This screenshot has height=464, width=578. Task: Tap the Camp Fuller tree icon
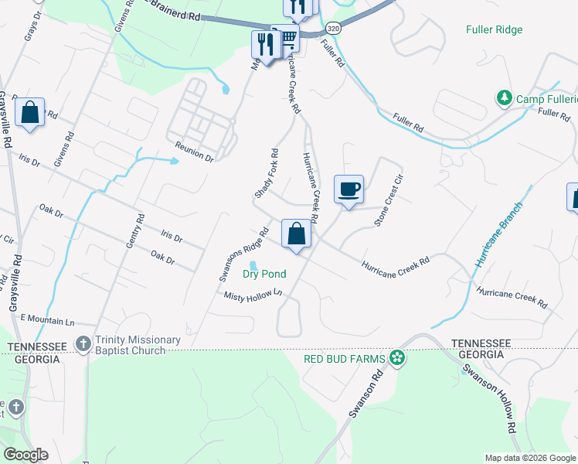(x=504, y=98)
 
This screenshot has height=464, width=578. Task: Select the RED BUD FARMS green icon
(x=397, y=357)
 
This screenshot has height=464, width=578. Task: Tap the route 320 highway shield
(x=334, y=26)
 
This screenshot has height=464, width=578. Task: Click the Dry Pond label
(x=264, y=274)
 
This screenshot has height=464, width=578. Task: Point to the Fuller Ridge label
(x=495, y=30)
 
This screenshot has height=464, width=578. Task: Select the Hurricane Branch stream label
(x=499, y=234)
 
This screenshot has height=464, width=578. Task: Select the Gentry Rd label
(x=135, y=231)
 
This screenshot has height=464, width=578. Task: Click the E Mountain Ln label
(x=47, y=319)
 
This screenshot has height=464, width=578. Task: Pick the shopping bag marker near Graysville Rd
(x=29, y=112)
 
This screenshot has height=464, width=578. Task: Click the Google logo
(x=27, y=455)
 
